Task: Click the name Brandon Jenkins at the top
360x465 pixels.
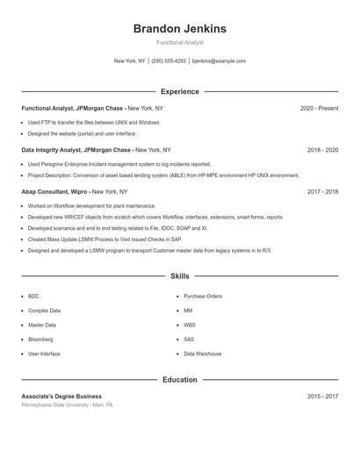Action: (x=179, y=28)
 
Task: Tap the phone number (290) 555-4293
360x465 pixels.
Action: (x=169, y=61)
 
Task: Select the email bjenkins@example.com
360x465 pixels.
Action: (x=219, y=61)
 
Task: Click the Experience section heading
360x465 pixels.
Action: (x=179, y=91)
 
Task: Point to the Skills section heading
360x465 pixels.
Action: (x=179, y=275)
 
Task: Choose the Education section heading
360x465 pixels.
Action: (x=179, y=380)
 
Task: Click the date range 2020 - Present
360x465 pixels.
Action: (x=319, y=108)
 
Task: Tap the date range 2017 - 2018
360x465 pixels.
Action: (x=322, y=191)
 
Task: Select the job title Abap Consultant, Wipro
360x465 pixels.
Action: (x=55, y=191)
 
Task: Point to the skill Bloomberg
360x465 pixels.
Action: (x=40, y=339)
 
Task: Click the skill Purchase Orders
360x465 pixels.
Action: (x=203, y=297)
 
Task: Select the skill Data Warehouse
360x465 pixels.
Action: (x=203, y=354)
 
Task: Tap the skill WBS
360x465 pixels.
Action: (x=189, y=325)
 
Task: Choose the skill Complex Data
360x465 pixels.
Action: (x=44, y=311)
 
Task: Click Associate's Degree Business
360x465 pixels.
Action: (x=61, y=397)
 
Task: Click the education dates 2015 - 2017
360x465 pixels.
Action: (x=322, y=397)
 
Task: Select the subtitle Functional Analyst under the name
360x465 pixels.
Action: (x=179, y=42)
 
